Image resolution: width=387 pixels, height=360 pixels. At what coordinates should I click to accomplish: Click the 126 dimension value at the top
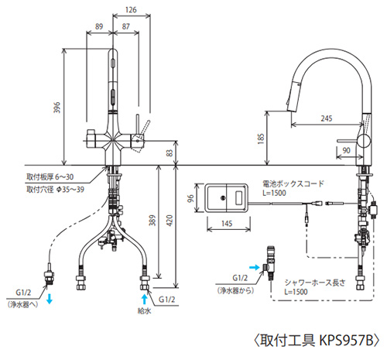pos(131,10)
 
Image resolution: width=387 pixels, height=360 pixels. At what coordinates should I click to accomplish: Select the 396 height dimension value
pos(57,108)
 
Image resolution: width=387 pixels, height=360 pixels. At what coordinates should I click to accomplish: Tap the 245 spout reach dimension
pos(327,118)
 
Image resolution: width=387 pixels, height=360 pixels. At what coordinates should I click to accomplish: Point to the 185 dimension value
pos(261,139)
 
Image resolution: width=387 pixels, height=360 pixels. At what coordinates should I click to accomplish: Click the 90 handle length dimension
pos(346,150)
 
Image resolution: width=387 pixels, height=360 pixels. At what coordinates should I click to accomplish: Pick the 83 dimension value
pos(170,153)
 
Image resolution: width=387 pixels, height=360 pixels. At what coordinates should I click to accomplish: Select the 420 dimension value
pos(170,221)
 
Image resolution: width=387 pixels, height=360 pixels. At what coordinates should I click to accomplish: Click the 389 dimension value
pos(152,221)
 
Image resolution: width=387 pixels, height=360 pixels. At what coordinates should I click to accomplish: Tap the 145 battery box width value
pos(227,224)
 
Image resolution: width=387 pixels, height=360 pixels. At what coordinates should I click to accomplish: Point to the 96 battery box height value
pos(190,198)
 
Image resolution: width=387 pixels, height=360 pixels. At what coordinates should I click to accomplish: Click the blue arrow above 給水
pos(145,300)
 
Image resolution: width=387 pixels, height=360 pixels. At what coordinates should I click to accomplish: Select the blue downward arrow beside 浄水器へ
pos(50,300)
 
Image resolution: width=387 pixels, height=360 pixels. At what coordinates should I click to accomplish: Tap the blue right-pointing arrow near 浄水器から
pos(255,267)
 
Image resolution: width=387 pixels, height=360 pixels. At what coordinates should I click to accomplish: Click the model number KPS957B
pos(347,340)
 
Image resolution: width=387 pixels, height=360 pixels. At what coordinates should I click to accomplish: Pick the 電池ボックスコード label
pos(293,183)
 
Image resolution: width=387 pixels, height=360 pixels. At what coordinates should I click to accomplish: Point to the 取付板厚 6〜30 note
pos(50,177)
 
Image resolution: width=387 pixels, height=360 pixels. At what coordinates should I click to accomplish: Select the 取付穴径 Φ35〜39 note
pos(56,190)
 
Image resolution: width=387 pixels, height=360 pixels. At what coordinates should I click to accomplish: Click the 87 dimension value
pos(125,26)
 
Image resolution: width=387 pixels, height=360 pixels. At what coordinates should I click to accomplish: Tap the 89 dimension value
pos(99,26)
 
